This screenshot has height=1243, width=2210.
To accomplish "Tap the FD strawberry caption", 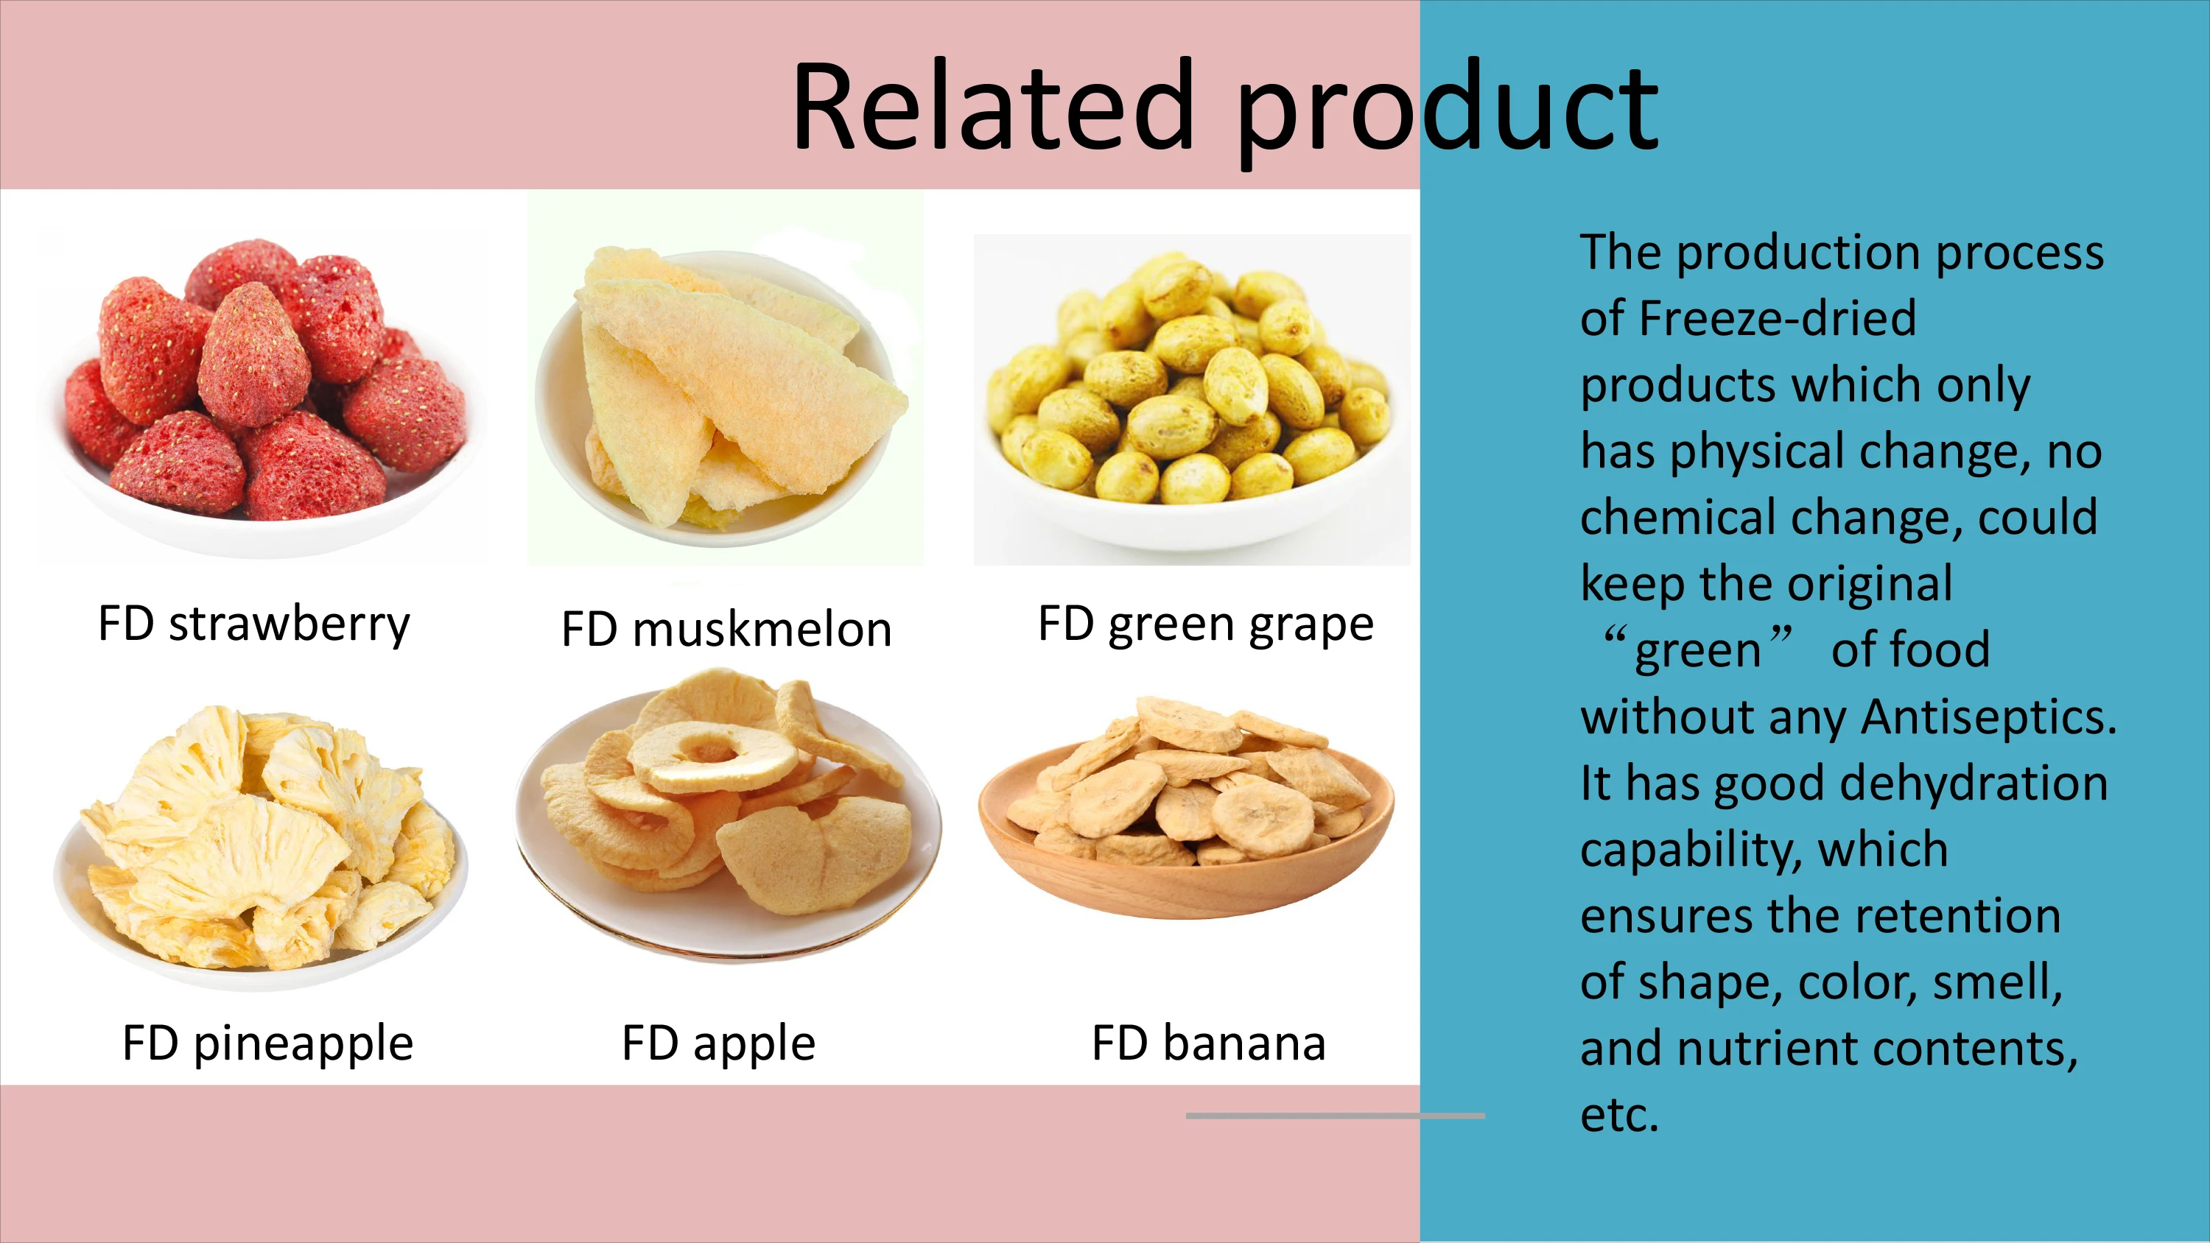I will [x=254, y=624].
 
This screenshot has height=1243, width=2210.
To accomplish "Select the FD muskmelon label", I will [x=726, y=630].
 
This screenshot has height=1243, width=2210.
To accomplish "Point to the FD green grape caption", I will [x=1205, y=624].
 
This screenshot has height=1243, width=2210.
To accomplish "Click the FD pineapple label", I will [x=267, y=1043].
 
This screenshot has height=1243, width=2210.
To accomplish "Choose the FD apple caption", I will [x=718, y=1043].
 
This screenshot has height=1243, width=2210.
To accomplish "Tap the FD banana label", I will [x=1208, y=1043].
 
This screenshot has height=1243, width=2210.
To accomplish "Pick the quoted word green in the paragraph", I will [x=1697, y=650].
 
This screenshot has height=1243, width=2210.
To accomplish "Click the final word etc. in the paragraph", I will [x=1619, y=1114].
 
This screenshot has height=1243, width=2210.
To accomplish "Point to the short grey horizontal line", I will [x=1334, y=1115].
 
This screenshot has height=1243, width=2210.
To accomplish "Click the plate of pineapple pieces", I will [x=262, y=849].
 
